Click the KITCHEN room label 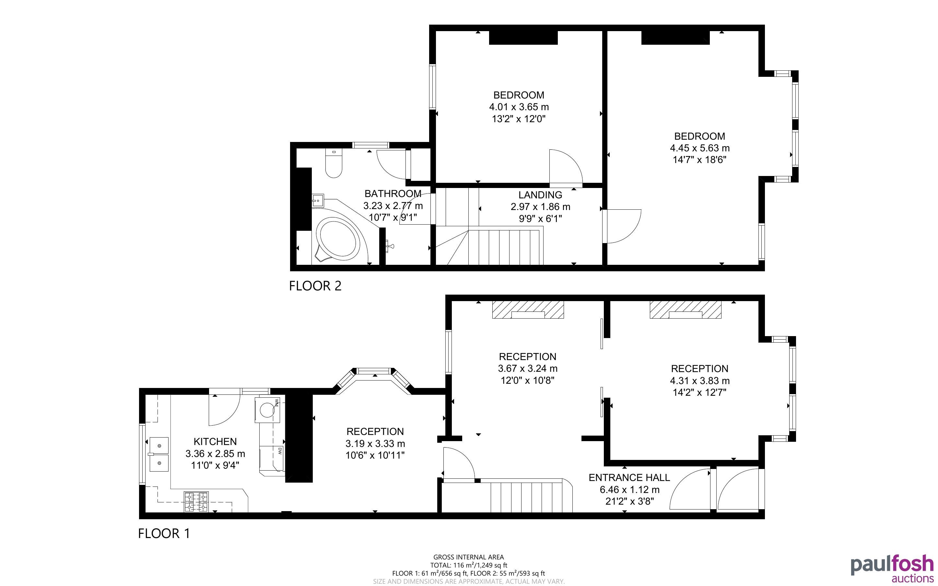click(x=215, y=441)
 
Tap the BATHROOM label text click(x=393, y=194)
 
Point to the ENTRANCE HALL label click(x=629, y=477)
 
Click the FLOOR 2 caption click(x=315, y=286)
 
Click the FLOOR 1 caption click(x=164, y=534)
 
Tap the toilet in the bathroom click(x=333, y=163)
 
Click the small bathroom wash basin click(x=318, y=201)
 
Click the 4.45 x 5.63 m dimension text click(x=700, y=148)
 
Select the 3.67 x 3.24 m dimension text click(x=528, y=369)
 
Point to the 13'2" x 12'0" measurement click(x=519, y=119)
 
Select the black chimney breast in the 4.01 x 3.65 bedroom click(x=523, y=38)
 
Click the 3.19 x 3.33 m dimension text click(x=375, y=443)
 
